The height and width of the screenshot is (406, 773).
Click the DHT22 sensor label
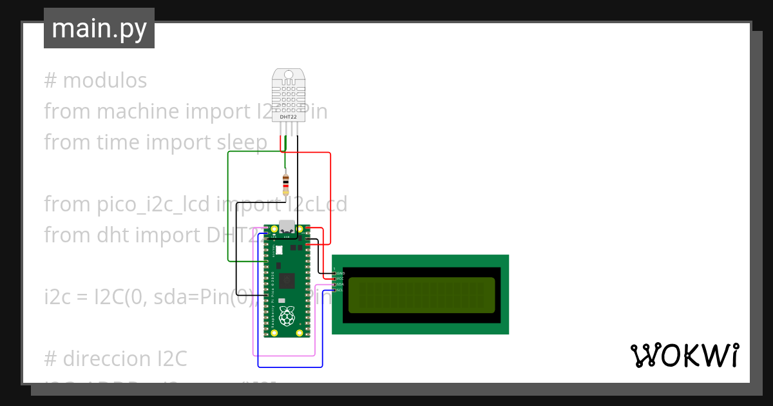click(288, 116)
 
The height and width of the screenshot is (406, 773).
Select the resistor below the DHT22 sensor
click(286, 184)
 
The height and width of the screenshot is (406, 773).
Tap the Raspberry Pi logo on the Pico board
click(287, 316)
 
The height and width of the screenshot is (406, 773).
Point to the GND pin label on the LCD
click(340, 274)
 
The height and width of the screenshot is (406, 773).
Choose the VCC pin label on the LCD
click(340, 279)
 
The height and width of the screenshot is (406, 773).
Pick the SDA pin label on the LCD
click(340, 284)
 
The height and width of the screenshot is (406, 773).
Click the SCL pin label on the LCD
click(340, 290)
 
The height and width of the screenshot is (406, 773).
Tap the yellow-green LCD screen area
click(421, 295)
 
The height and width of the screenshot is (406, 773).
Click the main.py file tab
click(99, 28)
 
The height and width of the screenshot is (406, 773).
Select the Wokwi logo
click(684, 355)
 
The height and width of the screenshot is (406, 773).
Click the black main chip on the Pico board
click(287, 280)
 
